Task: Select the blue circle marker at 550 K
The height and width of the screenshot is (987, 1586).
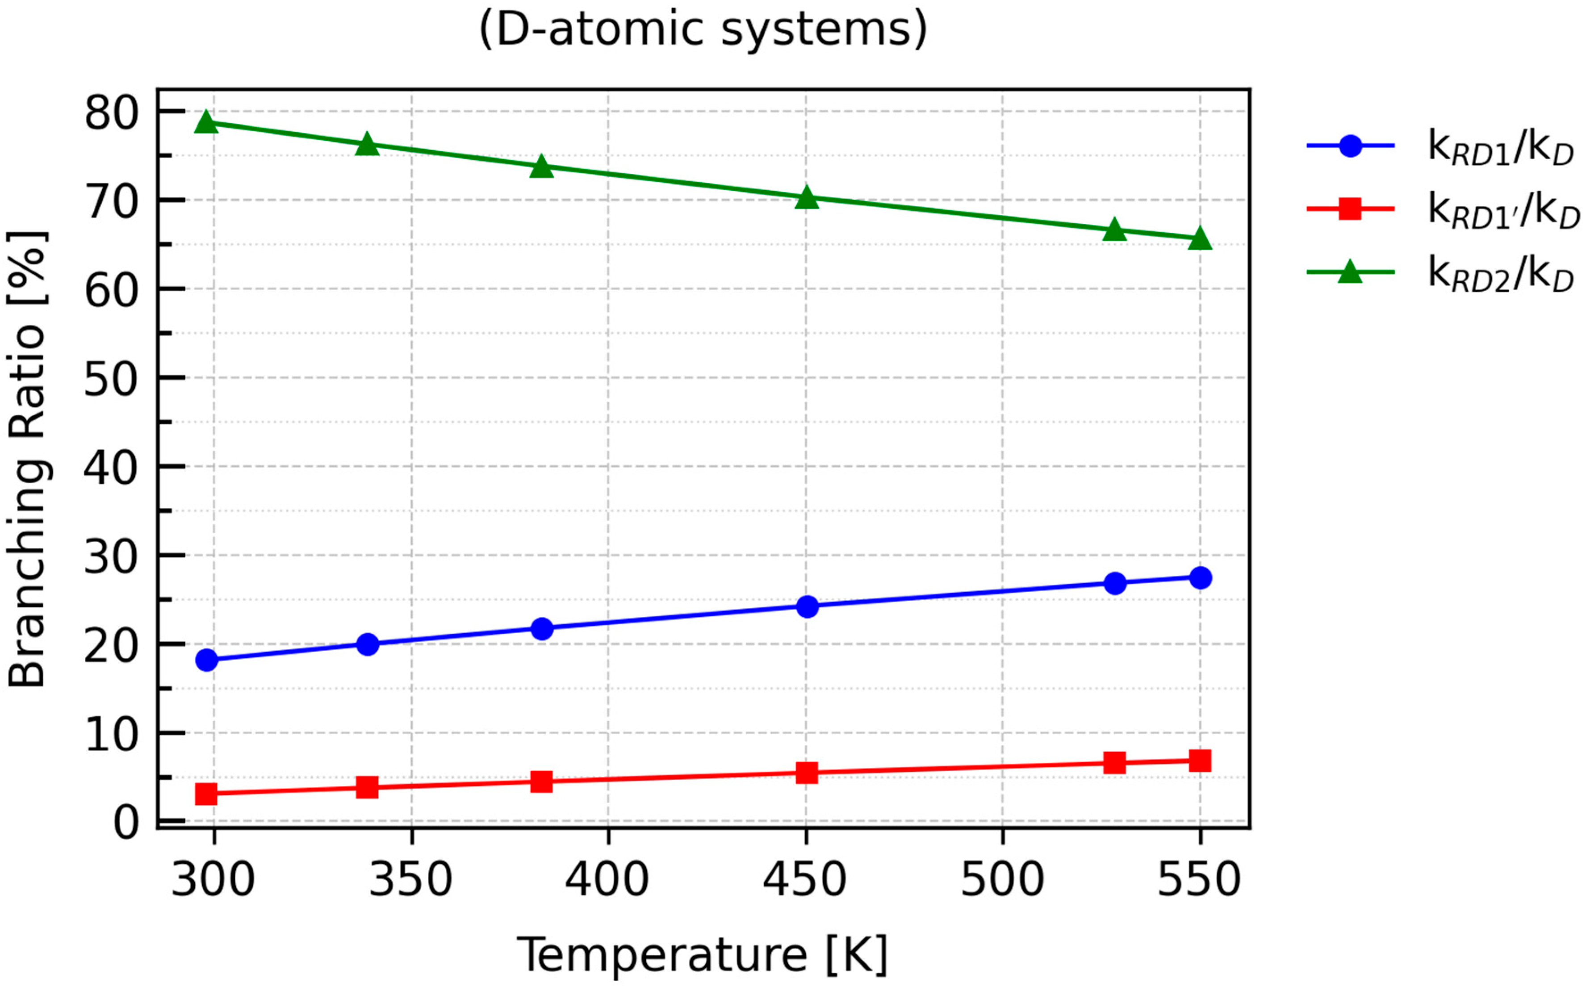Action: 1200,578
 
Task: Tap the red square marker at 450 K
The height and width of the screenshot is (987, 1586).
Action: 808,773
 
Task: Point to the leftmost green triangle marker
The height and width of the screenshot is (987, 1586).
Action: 206,122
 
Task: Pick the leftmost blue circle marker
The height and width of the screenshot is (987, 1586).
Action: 206,660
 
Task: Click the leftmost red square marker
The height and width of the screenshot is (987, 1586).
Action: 206,794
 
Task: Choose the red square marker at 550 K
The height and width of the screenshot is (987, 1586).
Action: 1200,761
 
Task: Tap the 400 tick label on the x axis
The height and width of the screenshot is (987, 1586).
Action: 607,879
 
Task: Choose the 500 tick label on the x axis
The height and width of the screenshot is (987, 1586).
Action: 1002,879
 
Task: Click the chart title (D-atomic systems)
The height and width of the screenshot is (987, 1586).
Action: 703,29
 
